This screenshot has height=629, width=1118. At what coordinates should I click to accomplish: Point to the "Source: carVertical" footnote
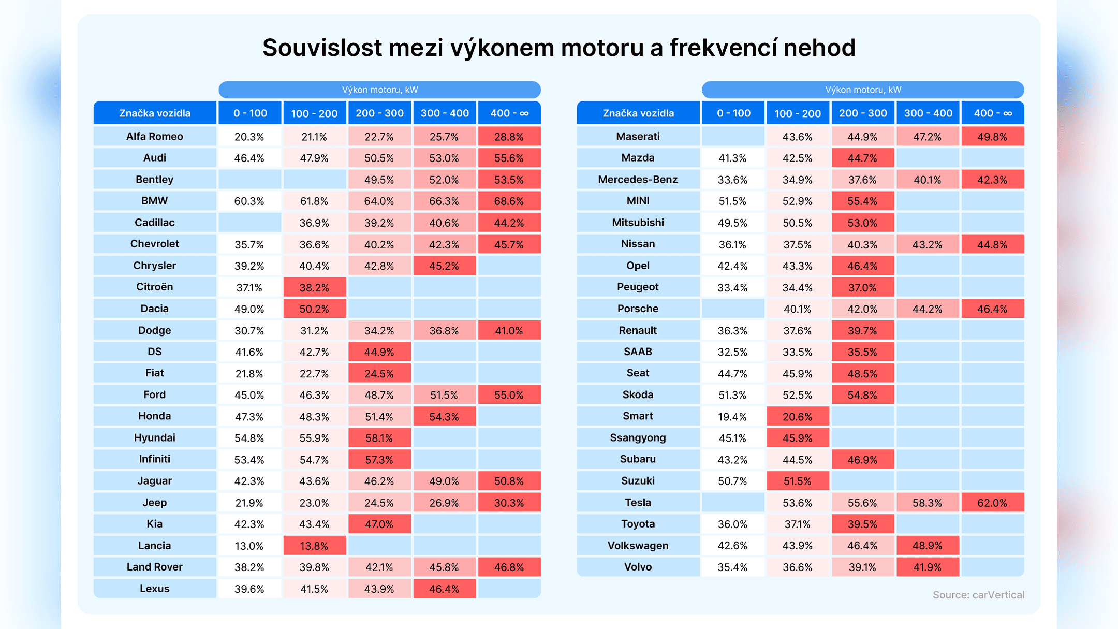(x=978, y=595)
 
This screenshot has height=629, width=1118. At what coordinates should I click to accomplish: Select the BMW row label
(x=154, y=201)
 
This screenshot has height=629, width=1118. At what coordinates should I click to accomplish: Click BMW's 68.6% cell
(x=509, y=201)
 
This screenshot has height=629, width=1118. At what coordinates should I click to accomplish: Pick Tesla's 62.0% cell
(x=992, y=503)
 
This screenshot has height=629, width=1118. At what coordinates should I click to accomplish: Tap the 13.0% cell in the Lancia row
(x=249, y=546)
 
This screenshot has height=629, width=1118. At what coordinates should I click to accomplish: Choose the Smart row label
(x=638, y=416)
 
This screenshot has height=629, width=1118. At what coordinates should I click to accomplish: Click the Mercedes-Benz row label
(x=638, y=180)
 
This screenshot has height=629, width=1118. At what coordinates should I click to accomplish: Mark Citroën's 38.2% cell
(x=314, y=287)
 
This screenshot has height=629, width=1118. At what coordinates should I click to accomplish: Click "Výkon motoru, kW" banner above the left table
(x=379, y=90)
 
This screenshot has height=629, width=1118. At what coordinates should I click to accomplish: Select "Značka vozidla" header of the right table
(x=638, y=113)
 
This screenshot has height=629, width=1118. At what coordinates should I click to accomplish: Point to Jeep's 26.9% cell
(x=444, y=503)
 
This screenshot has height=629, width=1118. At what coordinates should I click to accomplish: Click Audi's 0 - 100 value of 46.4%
(x=249, y=158)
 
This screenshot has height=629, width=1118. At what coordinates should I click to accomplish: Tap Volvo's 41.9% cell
(x=928, y=567)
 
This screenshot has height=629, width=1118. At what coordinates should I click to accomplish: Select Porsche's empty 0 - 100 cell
(x=733, y=309)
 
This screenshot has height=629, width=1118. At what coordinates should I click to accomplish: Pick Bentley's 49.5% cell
(x=379, y=180)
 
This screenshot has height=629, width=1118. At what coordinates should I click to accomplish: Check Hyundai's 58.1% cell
(x=379, y=438)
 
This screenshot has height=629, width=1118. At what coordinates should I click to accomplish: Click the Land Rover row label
(x=154, y=567)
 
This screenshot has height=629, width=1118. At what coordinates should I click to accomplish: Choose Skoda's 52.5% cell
(x=798, y=395)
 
